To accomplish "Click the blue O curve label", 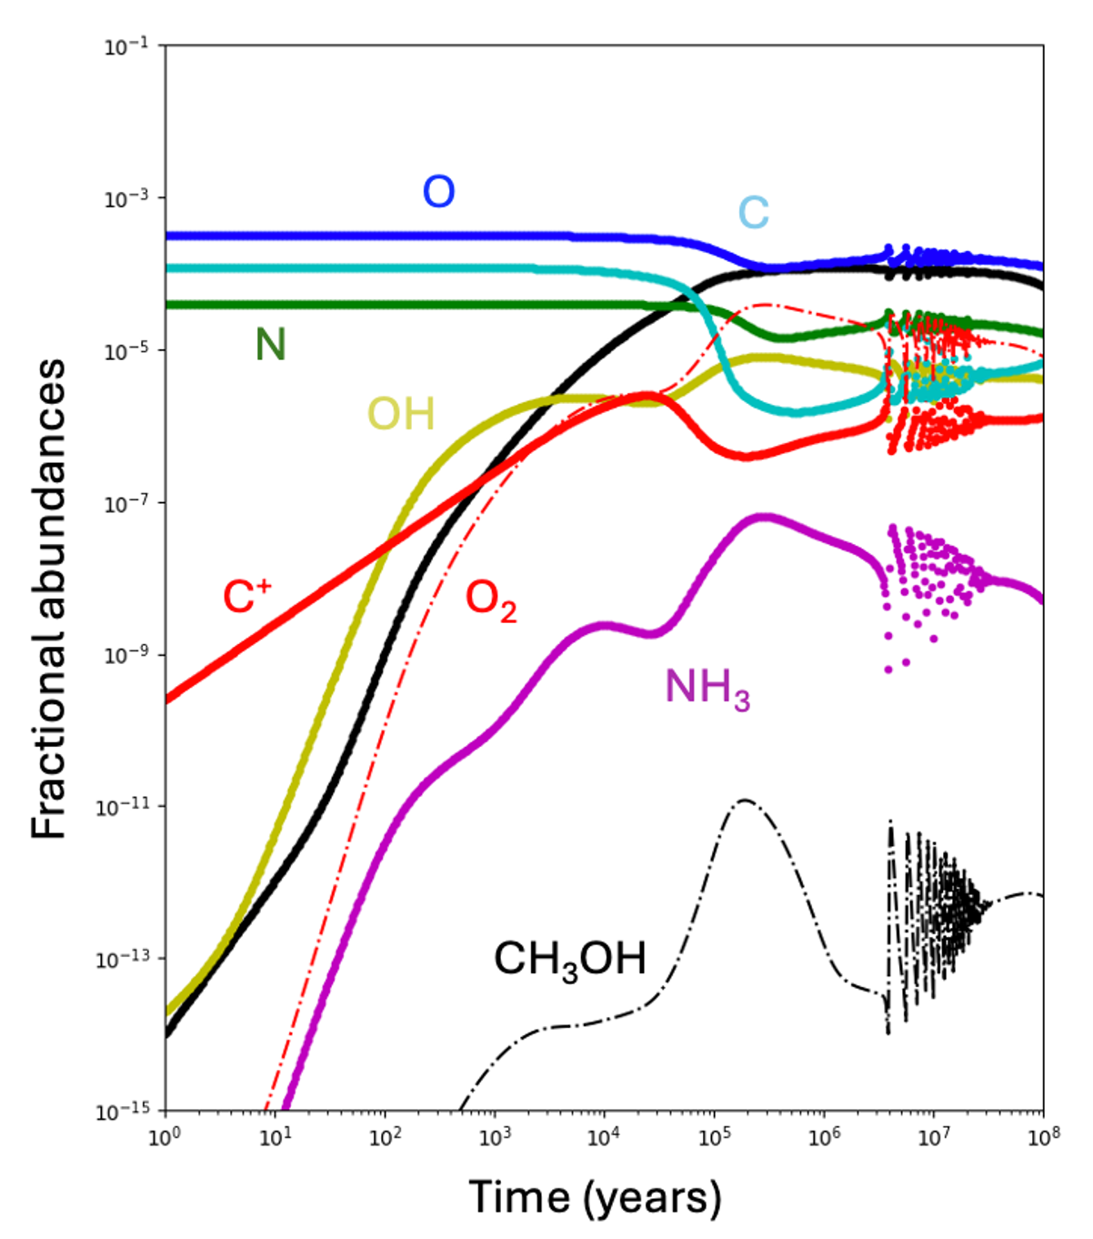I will pyautogui.click(x=438, y=192).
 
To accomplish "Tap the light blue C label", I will pyautogui.click(x=753, y=213).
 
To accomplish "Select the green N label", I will pyautogui.click(x=270, y=345).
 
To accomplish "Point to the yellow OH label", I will pyautogui.click(x=401, y=415).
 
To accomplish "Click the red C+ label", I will pyautogui.click(x=247, y=598).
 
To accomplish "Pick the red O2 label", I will pyautogui.click(x=491, y=600).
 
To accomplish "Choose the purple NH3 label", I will pyautogui.click(x=707, y=689).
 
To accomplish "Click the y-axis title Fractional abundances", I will pyautogui.click(x=49, y=598).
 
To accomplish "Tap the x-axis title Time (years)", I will pyautogui.click(x=595, y=1197).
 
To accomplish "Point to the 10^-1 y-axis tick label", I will pyautogui.click(x=126, y=46).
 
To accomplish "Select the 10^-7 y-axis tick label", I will pyautogui.click(x=126, y=503).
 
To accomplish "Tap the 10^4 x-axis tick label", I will pyautogui.click(x=601, y=1138).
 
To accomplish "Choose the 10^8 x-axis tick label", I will pyautogui.click(x=1042, y=1138).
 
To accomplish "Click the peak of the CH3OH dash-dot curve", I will pyautogui.click(x=745, y=801).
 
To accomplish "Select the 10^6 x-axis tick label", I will pyautogui.click(x=821, y=1138).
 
